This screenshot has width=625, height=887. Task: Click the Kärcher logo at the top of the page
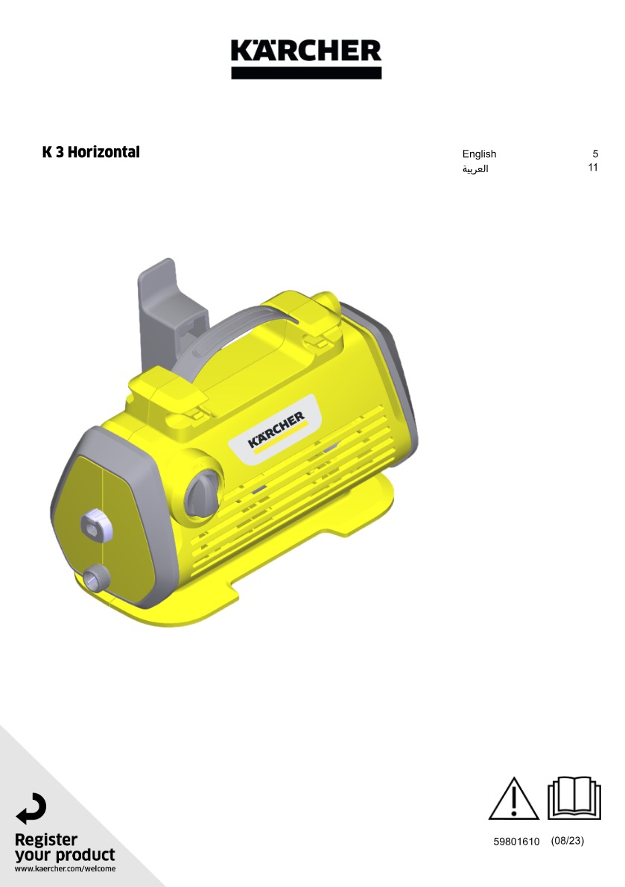[306, 59]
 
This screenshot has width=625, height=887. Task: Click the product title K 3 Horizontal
[91, 152]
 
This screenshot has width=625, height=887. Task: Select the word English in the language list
[479, 154]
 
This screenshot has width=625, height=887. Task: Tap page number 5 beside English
[595, 154]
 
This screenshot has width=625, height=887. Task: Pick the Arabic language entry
[475, 168]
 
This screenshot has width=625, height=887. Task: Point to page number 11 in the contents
[593, 168]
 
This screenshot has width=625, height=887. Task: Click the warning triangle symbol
[513, 799]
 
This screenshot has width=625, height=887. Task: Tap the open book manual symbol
[574, 798]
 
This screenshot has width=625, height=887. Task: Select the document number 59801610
[516, 842]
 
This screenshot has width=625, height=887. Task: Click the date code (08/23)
[568, 841]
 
